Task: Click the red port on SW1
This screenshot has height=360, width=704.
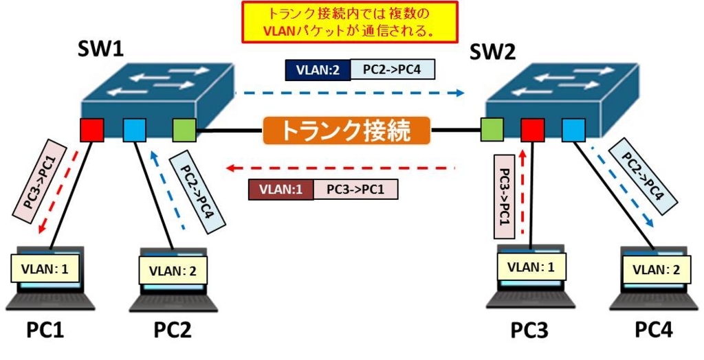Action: click(x=91, y=130)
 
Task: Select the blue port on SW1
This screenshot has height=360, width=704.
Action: click(x=135, y=130)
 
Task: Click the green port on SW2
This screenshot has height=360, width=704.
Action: click(x=492, y=130)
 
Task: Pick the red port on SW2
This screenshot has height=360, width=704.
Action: click(x=533, y=130)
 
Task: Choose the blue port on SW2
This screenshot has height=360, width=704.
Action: click(x=573, y=130)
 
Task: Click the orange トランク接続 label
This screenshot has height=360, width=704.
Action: click(x=346, y=131)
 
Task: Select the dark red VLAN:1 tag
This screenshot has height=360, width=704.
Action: click(x=280, y=189)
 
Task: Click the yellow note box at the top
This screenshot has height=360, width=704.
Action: click(x=350, y=22)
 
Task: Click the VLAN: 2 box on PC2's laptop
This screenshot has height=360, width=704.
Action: click(x=173, y=271)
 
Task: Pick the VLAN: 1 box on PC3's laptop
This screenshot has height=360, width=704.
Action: click(x=531, y=267)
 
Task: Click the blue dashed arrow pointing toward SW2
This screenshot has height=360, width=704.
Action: click(x=349, y=93)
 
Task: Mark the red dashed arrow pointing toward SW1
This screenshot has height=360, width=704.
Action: click(x=340, y=168)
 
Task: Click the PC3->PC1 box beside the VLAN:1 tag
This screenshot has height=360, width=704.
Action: click(x=355, y=189)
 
